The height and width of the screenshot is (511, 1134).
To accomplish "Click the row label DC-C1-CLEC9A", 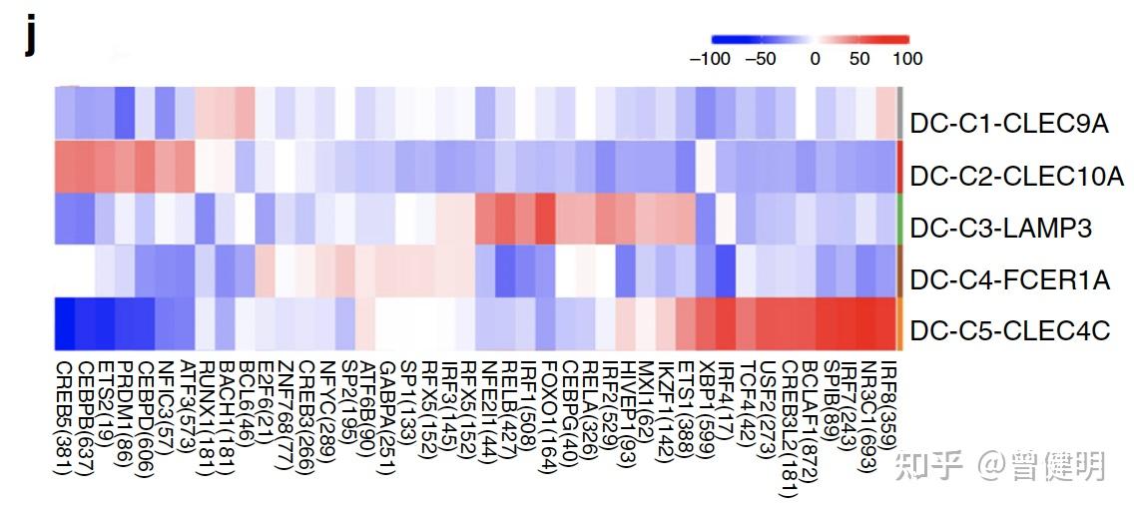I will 1009,124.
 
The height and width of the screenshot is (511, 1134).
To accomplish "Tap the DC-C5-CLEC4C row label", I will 1009,330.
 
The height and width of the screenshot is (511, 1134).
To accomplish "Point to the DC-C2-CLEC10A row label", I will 1016,177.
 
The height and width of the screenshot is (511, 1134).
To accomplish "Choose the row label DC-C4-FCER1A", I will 1009,280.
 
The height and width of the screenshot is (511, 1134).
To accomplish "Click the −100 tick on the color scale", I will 710,59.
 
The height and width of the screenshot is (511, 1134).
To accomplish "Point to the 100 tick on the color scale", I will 907,59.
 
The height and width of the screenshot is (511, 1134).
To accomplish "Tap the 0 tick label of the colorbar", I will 816,59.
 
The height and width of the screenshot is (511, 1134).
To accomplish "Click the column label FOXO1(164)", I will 546,409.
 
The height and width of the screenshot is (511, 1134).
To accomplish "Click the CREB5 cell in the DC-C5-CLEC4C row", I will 65,324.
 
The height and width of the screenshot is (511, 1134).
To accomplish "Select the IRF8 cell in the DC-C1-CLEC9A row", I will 886,113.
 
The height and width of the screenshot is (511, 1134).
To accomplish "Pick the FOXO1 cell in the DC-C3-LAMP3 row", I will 545,219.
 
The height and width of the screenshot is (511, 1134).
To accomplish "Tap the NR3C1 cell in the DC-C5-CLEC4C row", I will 866,324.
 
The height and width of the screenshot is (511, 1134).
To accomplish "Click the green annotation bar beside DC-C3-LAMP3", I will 900,219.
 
